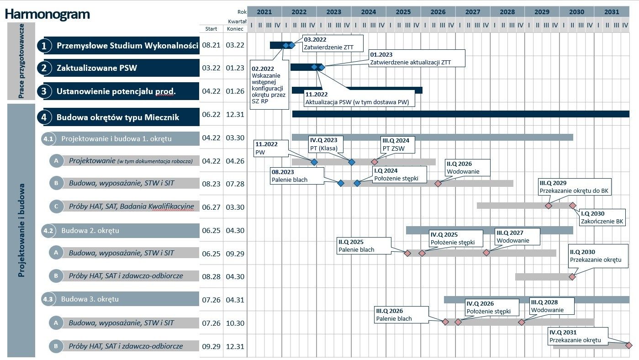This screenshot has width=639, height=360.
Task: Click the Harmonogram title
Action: click(48, 15)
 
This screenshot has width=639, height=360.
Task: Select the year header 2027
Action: click(472, 12)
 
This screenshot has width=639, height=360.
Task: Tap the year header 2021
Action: click(264, 12)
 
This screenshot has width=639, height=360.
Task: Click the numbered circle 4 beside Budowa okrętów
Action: click(44, 117)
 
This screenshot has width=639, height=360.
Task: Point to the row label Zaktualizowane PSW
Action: click(97, 69)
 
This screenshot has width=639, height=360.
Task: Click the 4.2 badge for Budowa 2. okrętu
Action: click(48, 231)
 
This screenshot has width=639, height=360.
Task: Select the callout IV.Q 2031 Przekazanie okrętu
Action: click(577, 336)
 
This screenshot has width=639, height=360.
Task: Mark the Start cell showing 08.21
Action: click(211, 45)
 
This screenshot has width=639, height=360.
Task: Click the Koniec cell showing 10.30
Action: click(235, 323)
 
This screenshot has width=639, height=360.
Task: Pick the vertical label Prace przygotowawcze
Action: click(21, 61)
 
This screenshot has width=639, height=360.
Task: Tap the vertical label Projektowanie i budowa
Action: click(21, 230)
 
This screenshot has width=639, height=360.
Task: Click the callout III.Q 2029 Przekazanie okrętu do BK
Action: click(575, 187)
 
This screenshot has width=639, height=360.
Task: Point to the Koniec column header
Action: click(235, 28)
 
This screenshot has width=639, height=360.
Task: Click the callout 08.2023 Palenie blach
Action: click(297, 176)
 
